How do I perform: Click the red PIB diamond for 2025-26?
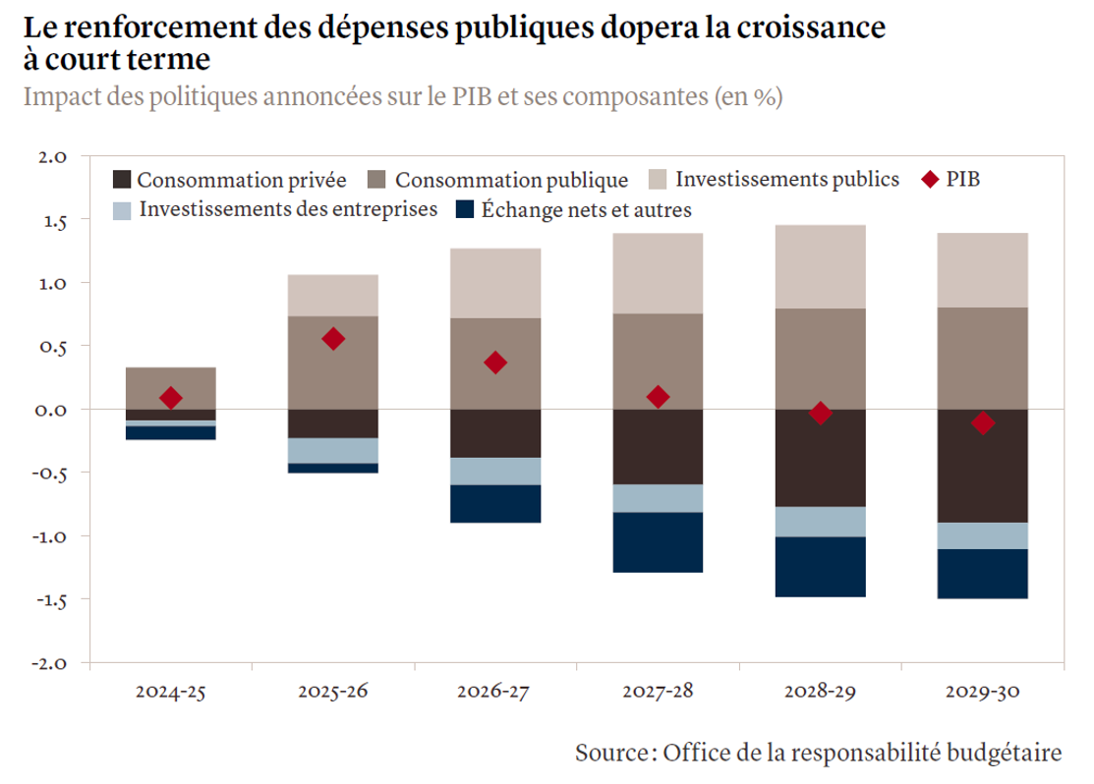333,339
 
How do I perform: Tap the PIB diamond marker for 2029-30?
982,423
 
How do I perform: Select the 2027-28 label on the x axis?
658,692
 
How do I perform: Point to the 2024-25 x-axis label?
171,692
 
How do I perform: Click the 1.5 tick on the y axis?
52,221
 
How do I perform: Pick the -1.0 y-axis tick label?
50,536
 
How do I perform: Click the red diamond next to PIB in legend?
928,179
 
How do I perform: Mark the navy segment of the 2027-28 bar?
658,542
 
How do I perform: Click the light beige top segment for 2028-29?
820,266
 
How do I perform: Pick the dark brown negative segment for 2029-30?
982,466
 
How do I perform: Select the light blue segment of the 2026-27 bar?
495,472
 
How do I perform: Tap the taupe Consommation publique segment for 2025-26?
333,363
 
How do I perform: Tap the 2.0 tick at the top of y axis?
52,157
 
